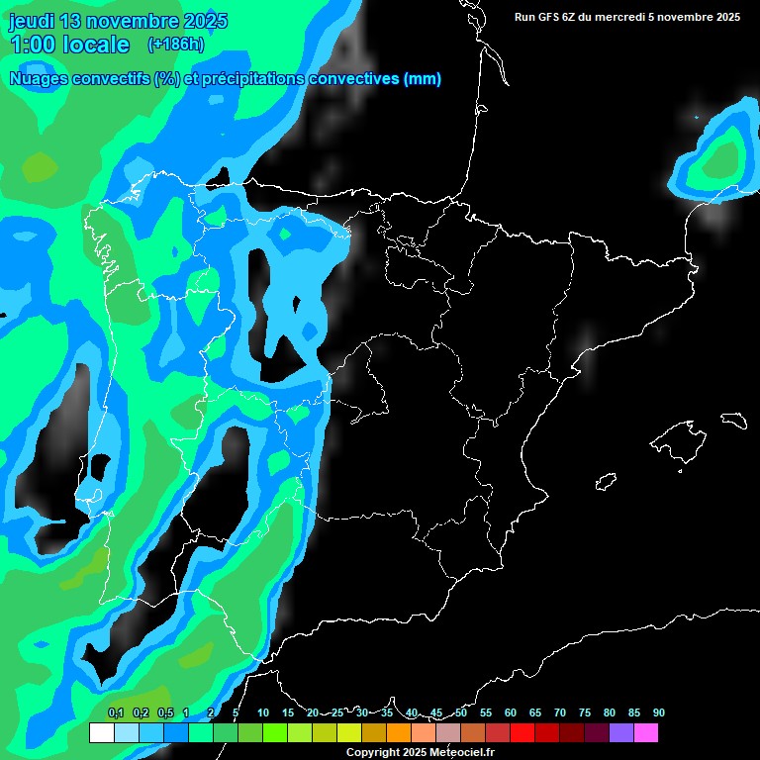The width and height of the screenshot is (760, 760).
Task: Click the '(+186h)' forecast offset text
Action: [175, 45]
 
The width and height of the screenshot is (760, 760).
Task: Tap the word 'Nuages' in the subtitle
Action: [39, 79]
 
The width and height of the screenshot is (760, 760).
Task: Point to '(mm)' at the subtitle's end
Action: [422, 79]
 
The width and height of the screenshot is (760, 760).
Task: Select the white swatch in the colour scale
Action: [101, 733]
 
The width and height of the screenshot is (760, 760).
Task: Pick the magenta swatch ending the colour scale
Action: [645, 733]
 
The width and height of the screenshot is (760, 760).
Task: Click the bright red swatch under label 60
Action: [522, 733]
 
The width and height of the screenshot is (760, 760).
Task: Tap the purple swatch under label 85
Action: [620, 733]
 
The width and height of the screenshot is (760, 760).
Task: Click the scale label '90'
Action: [658, 712]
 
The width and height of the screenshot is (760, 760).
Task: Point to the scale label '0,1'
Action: [115, 712]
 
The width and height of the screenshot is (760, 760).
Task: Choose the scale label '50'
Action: [461, 712]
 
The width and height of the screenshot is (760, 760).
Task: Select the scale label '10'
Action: [263, 712]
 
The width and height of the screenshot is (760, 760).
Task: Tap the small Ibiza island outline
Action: [606, 481]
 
